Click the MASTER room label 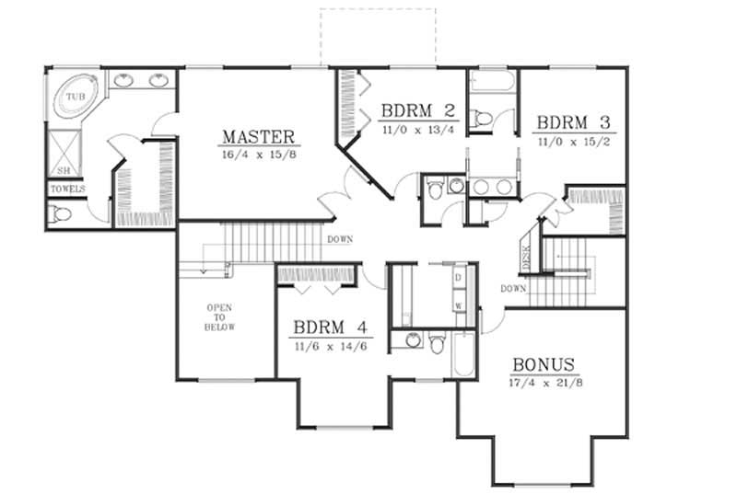pyautogui.click(x=258, y=137)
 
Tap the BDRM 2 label pyautogui.click(x=416, y=112)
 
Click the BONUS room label pyautogui.click(x=544, y=363)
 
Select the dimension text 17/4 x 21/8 pyautogui.click(x=544, y=382)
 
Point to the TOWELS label pyautogui.click(x=68, y=190)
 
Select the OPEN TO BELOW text pyautogui.click(x=221, y=317)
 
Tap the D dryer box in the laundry pyautogui.click(x=457, y=278)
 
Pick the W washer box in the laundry pyautogui.click(x=457, y=304)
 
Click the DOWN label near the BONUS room pyautogui.click(x=513, y=288)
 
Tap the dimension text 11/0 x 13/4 pyautogui.click(x=416, y=131)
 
